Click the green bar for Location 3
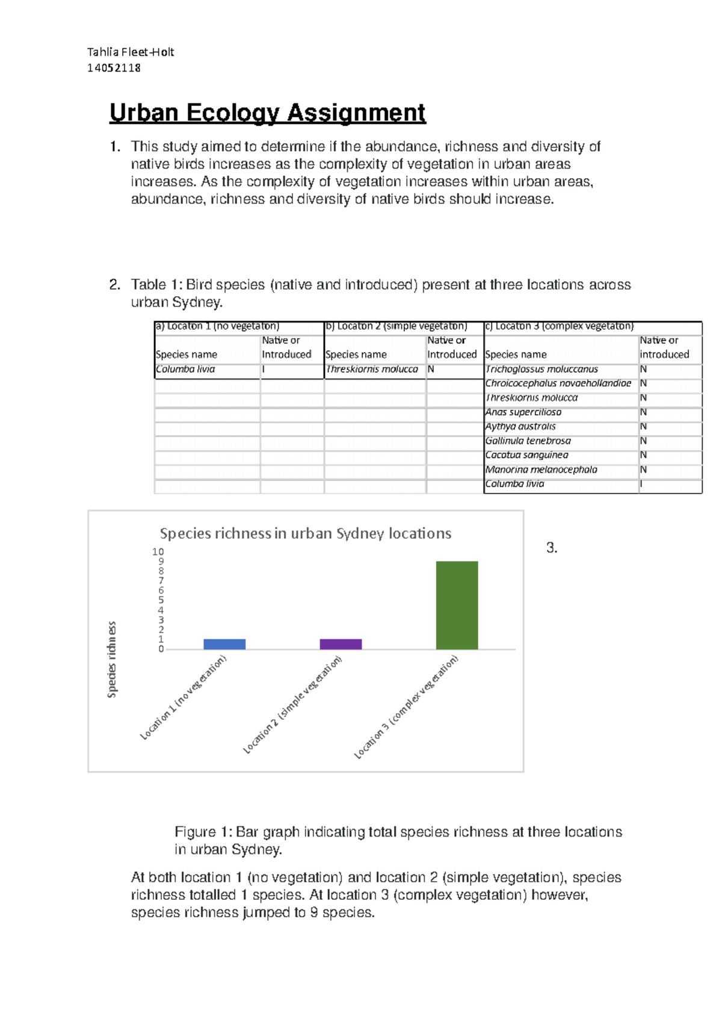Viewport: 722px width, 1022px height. point(457,605)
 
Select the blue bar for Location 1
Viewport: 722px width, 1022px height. point(224,644)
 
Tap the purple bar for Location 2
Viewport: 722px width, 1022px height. point(341,644)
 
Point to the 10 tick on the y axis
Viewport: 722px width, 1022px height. point(158,552)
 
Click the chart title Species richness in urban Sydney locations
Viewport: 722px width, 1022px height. point(306,533)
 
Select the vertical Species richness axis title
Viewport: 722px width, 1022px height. point(112,660)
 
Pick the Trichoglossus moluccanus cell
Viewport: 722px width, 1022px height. point(541,369)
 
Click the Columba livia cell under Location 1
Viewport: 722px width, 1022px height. point(185,369)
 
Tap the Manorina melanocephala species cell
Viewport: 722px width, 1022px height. point(541,469)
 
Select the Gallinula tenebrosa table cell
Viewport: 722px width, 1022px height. point(528,441)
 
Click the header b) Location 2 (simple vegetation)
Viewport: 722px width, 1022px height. point(396,326)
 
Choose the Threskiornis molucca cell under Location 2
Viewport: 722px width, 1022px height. point(372,369)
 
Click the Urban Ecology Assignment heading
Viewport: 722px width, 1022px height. point(267,113)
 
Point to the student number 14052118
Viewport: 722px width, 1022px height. point(114,68)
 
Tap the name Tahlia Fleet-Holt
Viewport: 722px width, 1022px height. point(131,52)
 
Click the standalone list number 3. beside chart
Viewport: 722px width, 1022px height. point(552,548)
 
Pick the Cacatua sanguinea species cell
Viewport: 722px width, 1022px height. point(526,455)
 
